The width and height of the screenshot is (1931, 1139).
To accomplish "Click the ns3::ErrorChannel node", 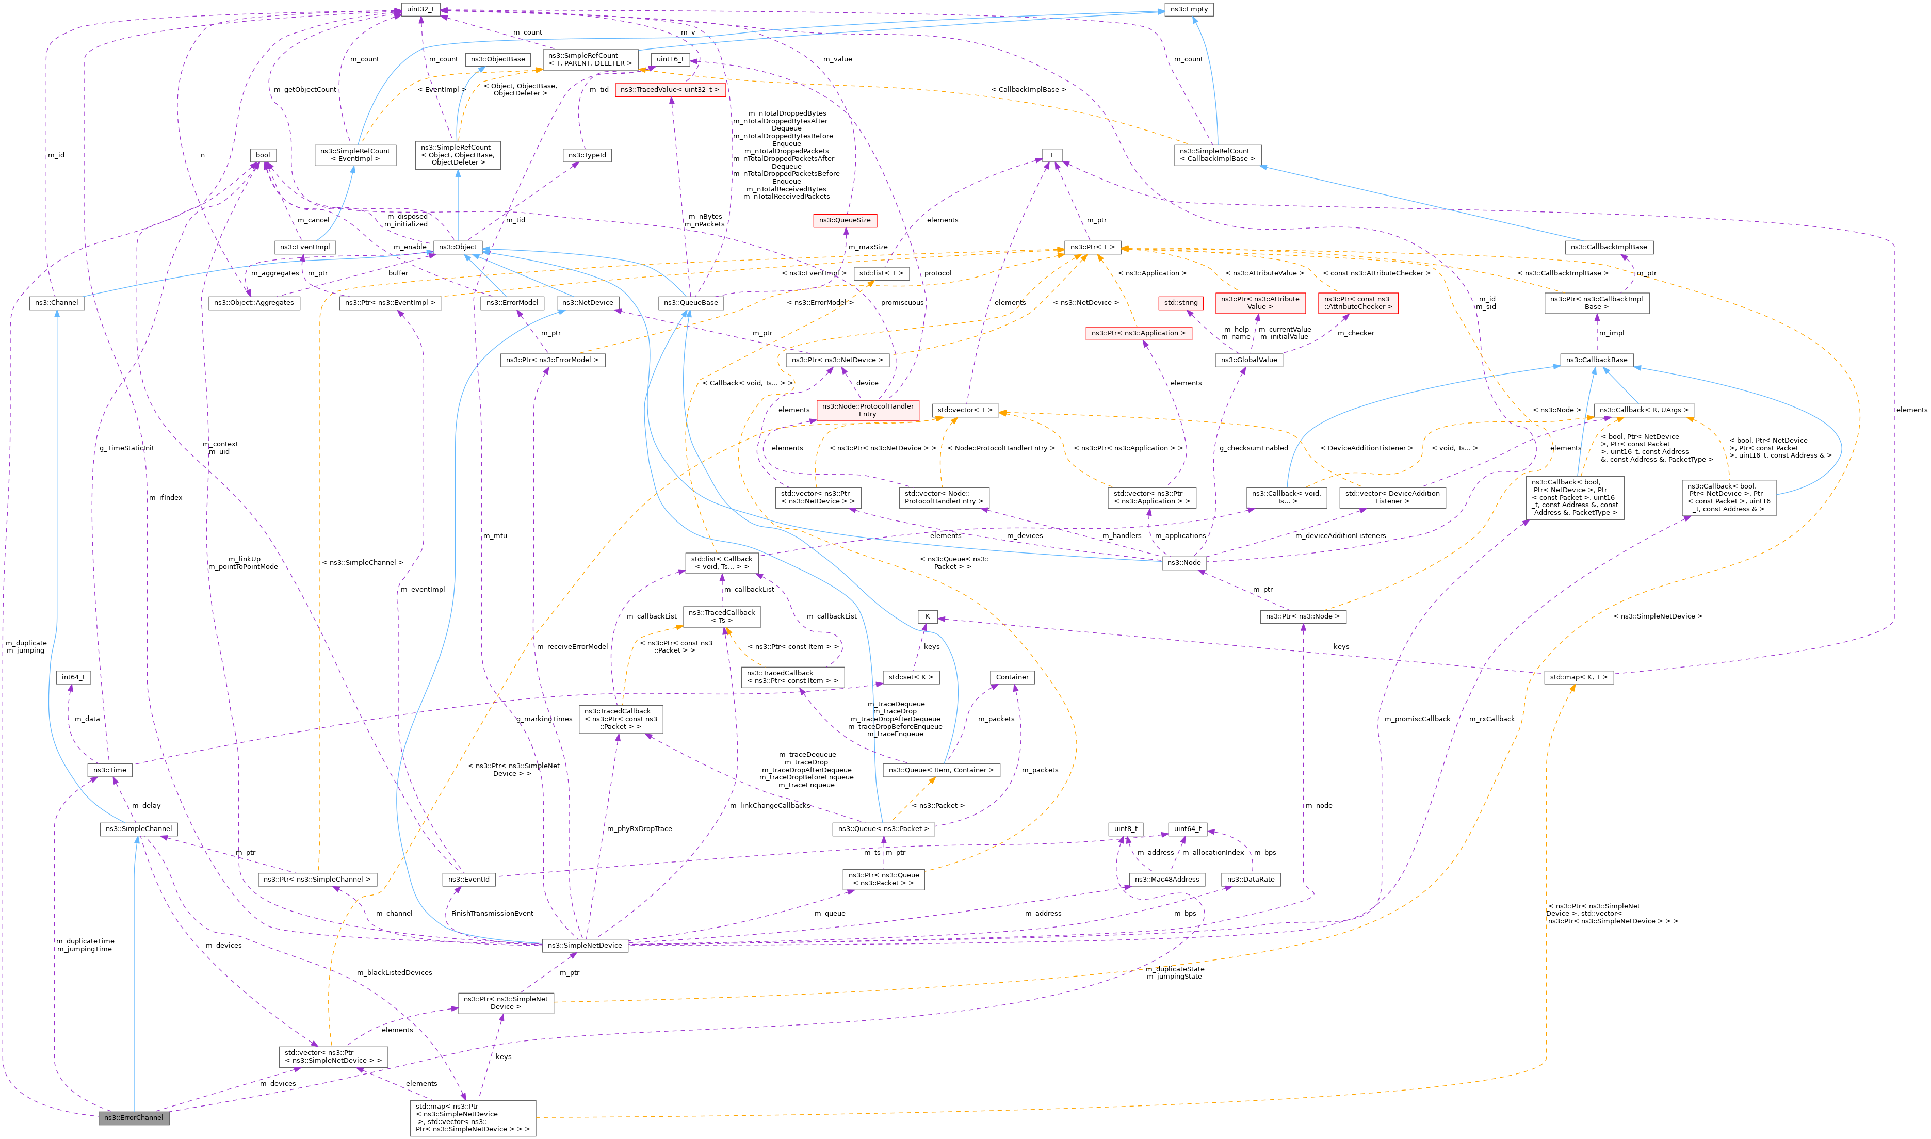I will point(134,1117).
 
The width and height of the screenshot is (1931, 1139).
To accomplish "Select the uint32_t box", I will point(420,9).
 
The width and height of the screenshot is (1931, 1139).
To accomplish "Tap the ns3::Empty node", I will point(1188,9).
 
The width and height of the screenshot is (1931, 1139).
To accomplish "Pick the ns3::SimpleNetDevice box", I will point(585,945).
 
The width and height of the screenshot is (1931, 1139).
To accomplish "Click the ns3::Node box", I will point(1183,563).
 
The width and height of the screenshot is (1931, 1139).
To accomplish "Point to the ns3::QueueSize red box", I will point(844,220).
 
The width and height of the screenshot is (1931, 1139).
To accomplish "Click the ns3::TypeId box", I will point(587,155).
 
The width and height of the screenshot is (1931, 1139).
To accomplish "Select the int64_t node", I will point(74,677).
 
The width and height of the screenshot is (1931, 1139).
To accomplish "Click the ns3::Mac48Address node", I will point(1166,880).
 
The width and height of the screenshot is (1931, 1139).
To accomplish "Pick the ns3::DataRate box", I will point(1251,880).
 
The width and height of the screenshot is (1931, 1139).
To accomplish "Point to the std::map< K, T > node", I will point(1578,677).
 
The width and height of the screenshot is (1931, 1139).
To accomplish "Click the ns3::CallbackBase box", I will point(1598,360).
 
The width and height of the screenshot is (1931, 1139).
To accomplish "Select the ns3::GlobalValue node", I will point(1248,360).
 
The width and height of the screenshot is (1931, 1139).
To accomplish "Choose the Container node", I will point(1012,677).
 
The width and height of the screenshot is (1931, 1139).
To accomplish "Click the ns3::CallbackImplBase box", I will point(1609,247).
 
